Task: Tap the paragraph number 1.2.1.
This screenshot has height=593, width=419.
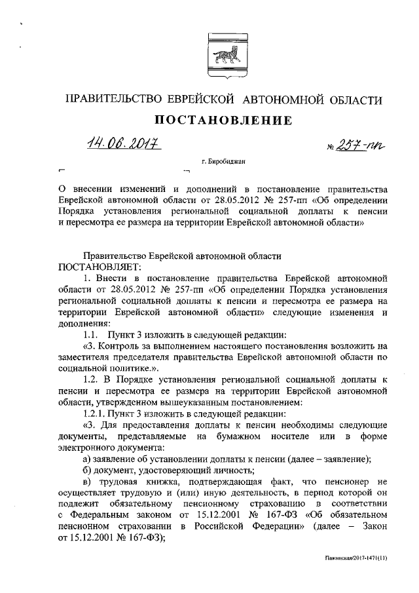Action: point(97,414)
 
